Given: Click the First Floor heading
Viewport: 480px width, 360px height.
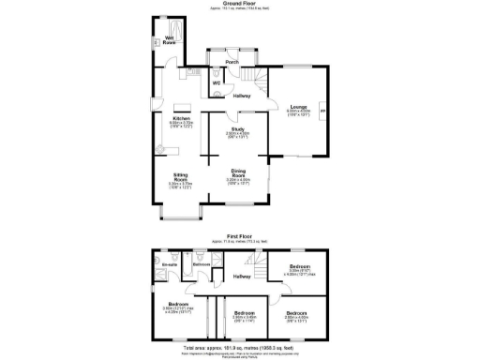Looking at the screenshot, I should point(241,237).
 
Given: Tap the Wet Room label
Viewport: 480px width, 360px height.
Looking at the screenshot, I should point(171,39).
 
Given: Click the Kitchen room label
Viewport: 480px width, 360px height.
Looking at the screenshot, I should point(181,119).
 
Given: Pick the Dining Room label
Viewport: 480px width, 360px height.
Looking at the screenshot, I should point(239,172).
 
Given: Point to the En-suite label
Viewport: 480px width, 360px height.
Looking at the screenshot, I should point(169,266).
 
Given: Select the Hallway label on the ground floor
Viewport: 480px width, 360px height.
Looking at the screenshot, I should point(241,95).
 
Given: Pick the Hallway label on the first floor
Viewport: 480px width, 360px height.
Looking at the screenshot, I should point(241,277).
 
